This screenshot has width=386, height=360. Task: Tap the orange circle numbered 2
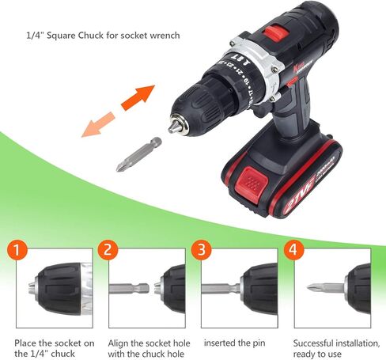click(109, 251)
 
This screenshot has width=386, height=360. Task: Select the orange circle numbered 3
click(202, 251)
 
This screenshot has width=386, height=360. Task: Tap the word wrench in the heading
click(162, 36)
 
